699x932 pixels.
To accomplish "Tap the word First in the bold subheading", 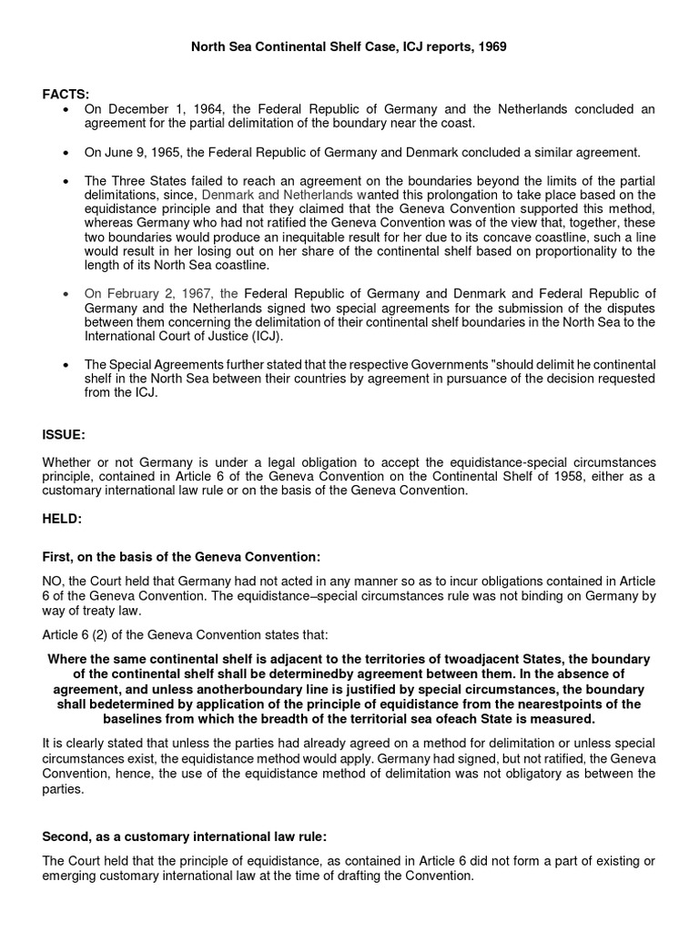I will (x=58, y=556).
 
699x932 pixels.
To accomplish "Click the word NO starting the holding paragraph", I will (x=53, y=582).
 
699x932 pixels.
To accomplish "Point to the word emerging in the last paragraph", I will (x=73, y=876).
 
